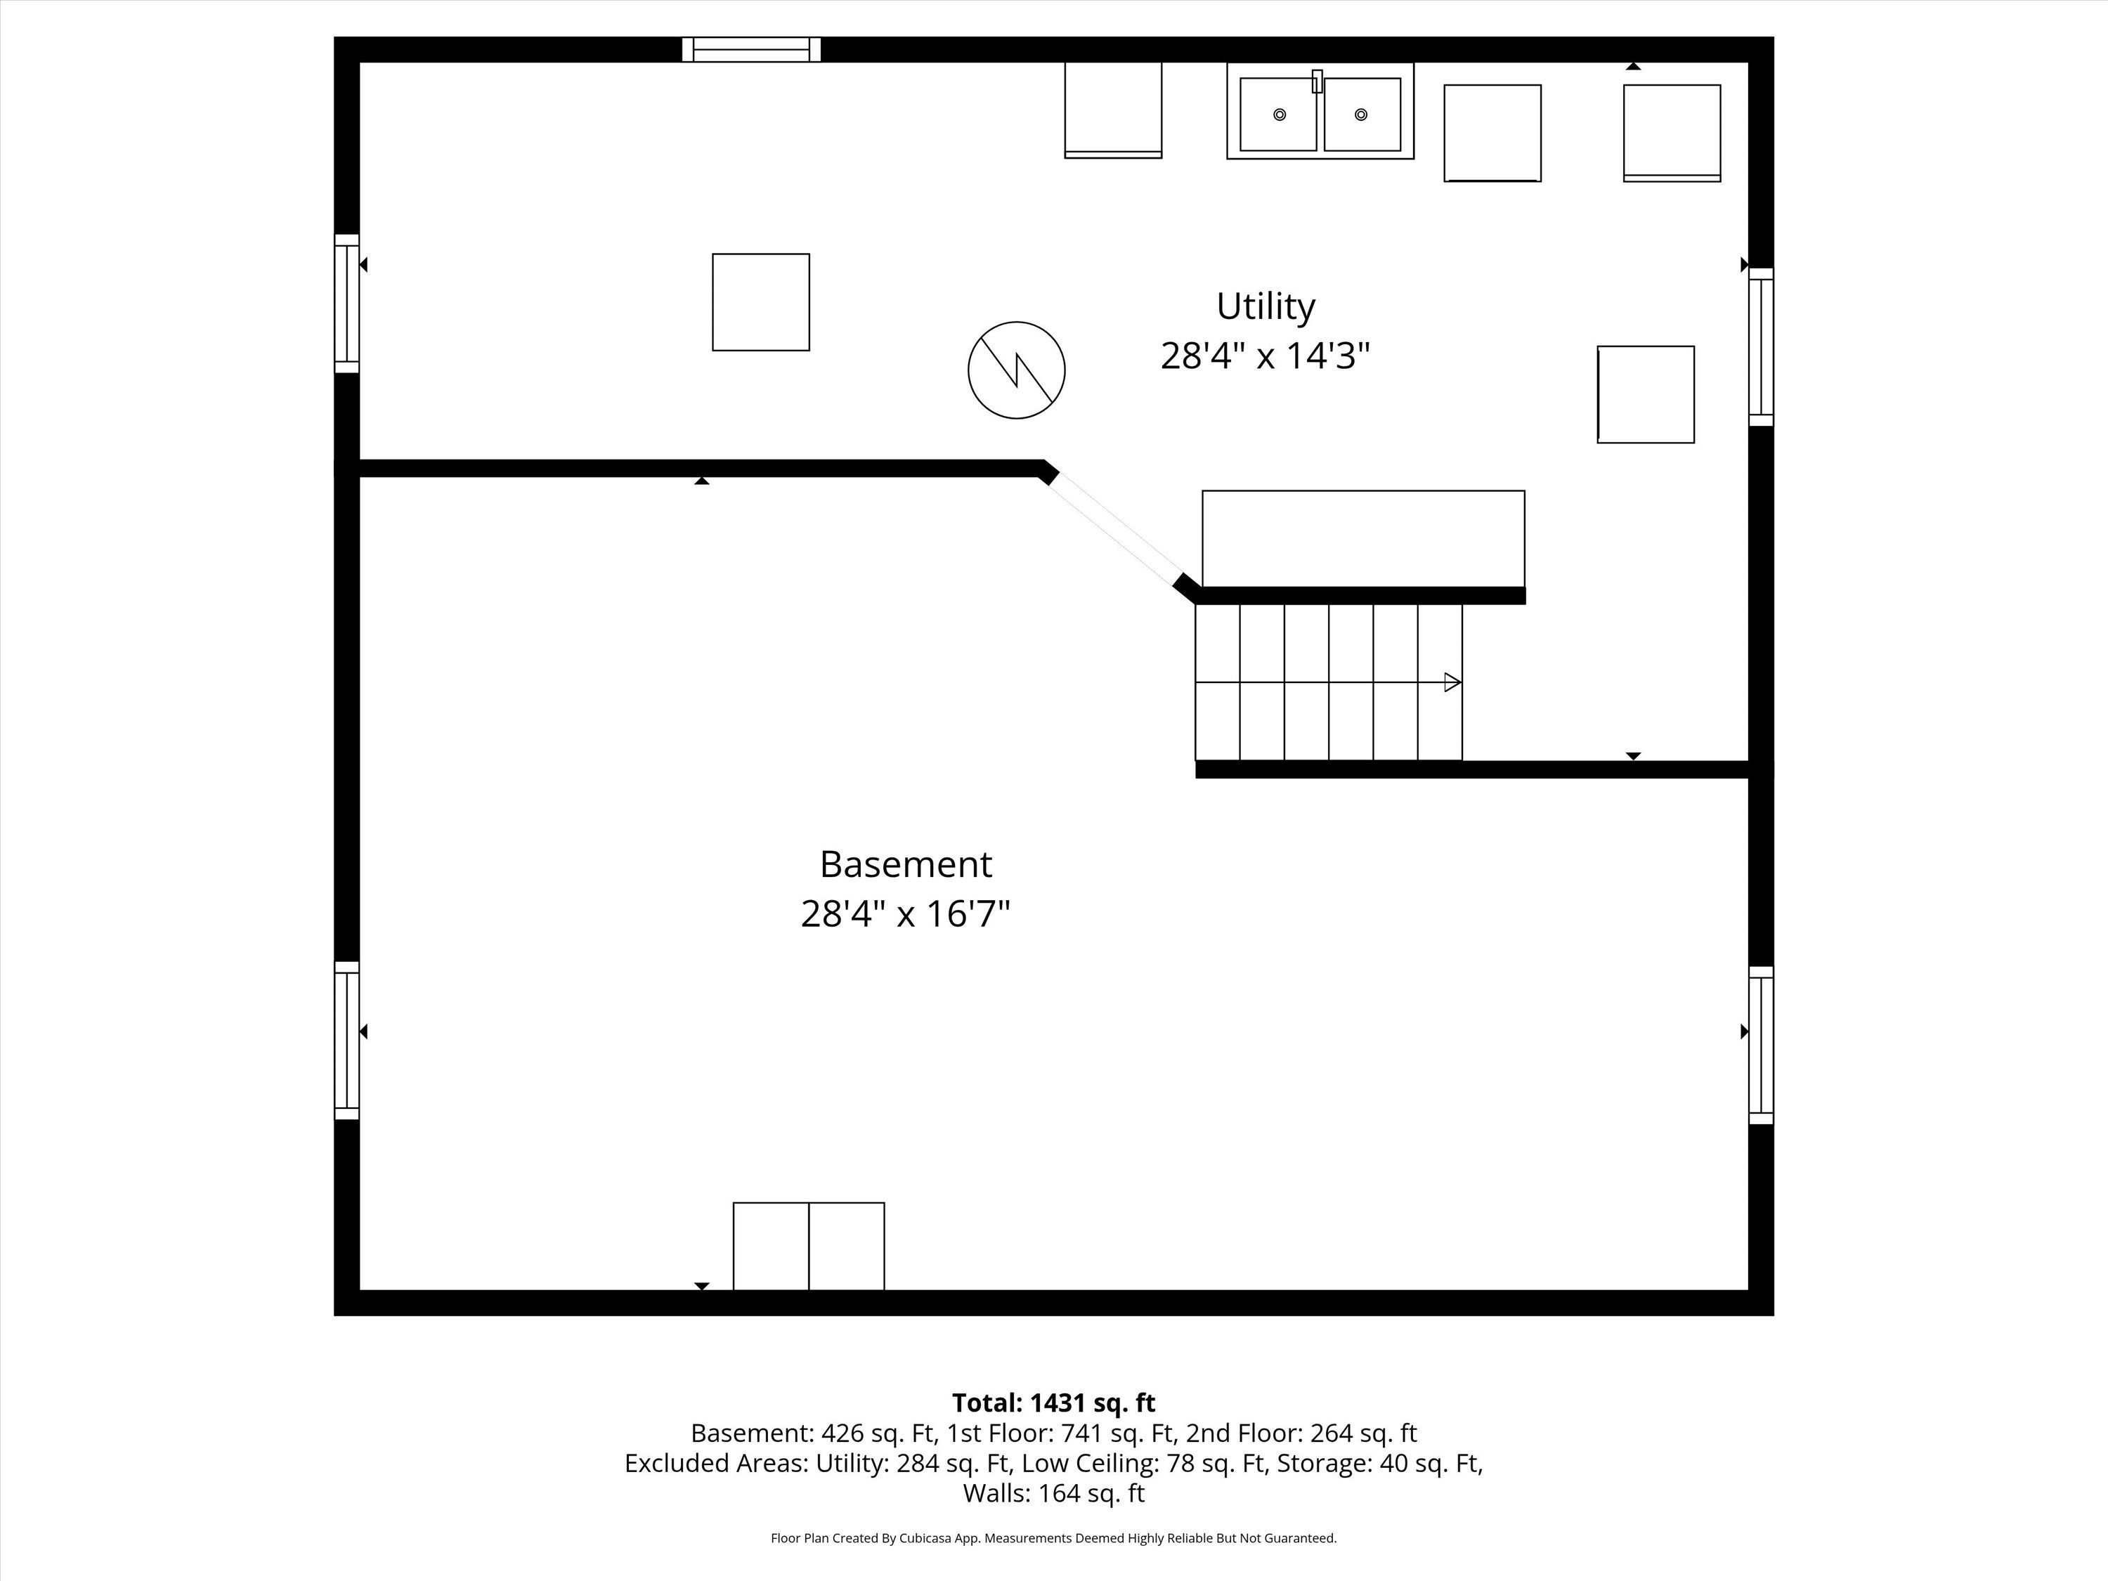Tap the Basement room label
tap(905, 864)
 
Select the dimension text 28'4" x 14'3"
tap(1265, 356)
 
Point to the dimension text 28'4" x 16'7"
tap(905, 914)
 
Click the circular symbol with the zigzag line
tap(1017, 370)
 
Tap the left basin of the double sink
tap(1278, 115)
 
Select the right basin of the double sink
tap(1362, 115)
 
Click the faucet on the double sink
tap(1318, 81)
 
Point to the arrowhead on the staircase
tap(1452, 682)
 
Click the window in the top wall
tap(751, 50)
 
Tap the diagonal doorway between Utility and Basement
tap(1116, 529)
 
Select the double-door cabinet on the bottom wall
tap(809, 1247)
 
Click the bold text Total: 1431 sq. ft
tap(1053, 1403)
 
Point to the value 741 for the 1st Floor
tap(1081, 1433)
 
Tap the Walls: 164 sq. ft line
tap(1053, 1493)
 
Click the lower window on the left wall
tap(347, 1041)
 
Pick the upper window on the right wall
tap(1761, 347)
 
